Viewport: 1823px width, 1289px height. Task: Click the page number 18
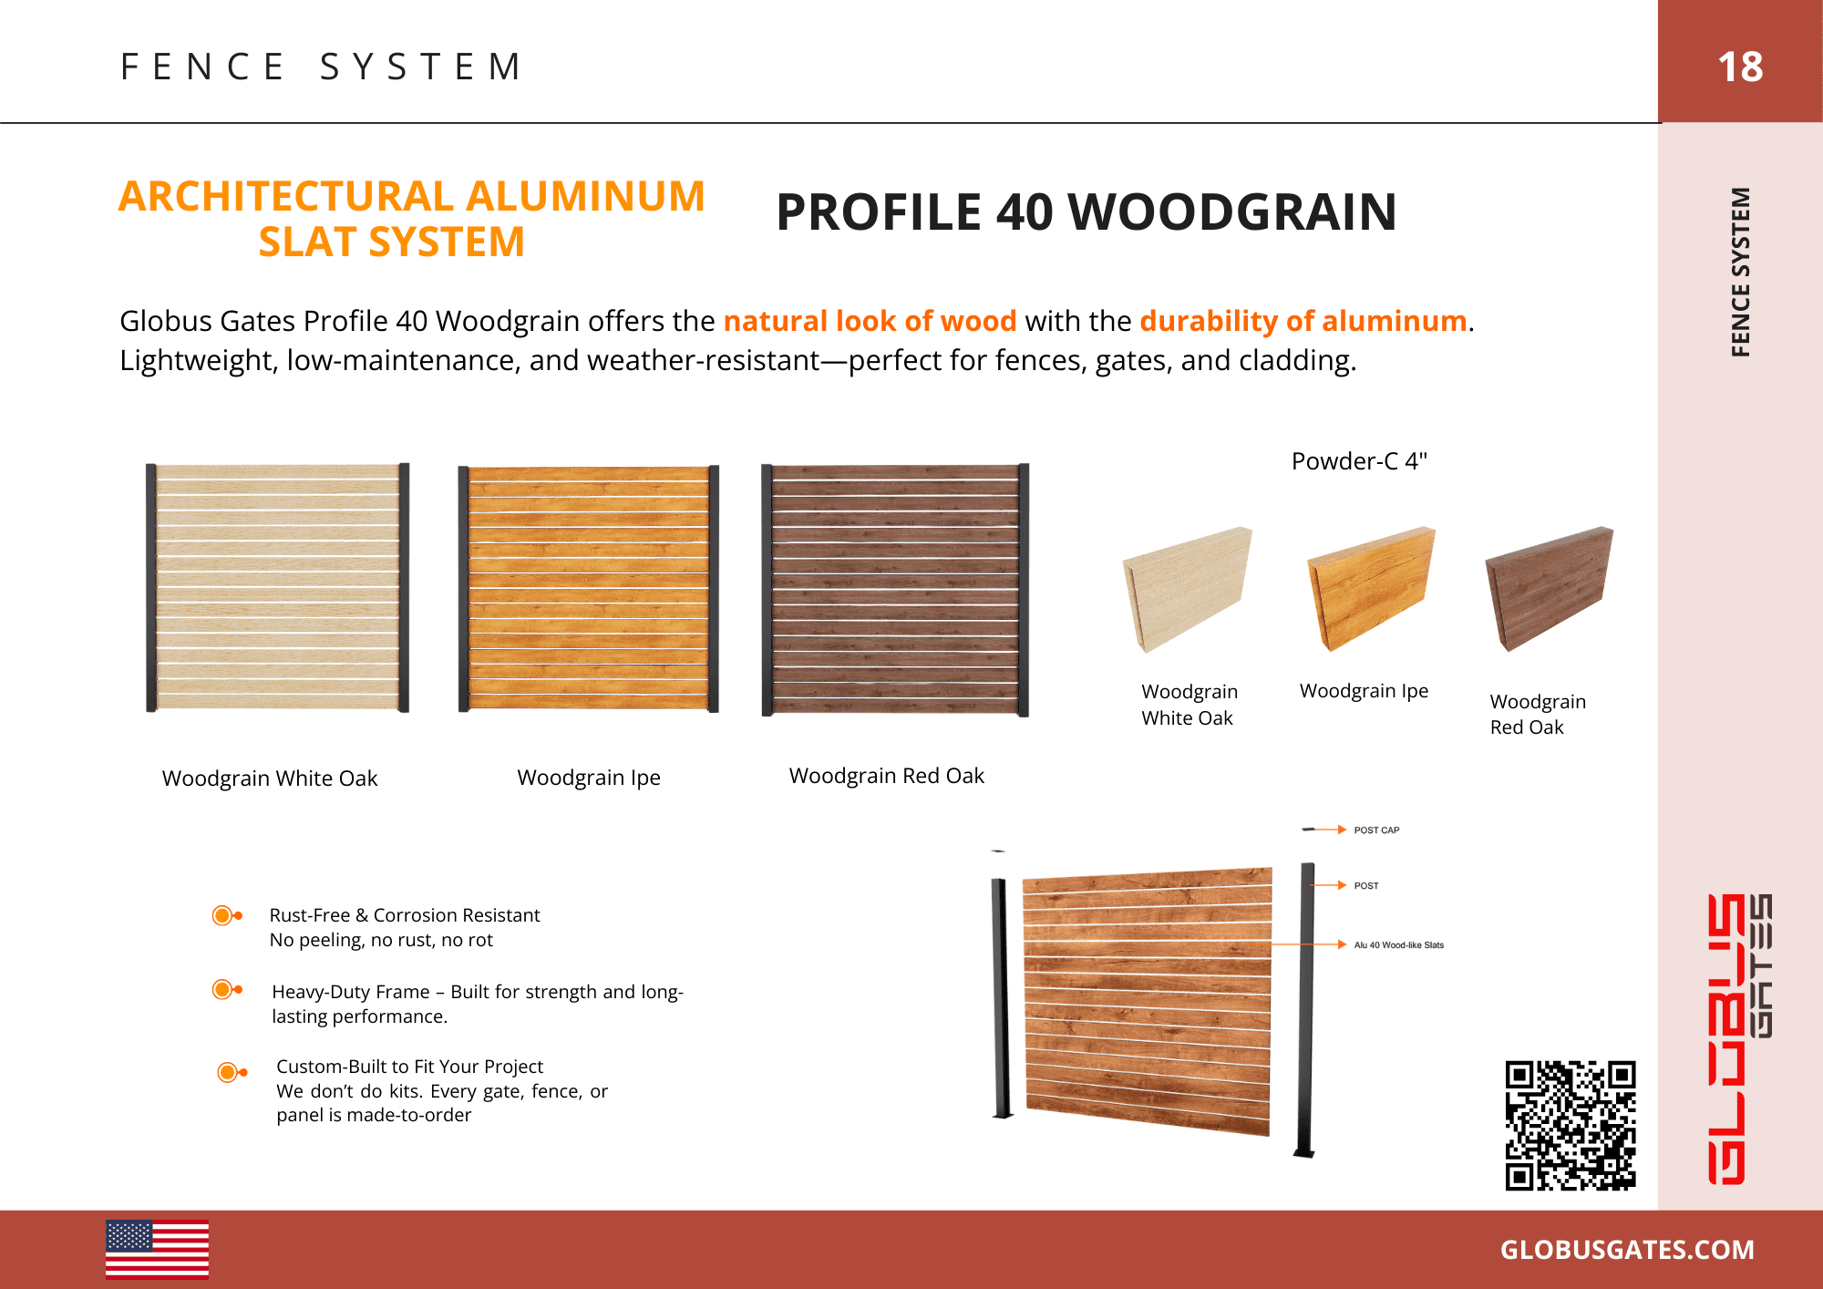tap(1739, 67)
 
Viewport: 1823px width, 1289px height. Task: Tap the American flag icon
tap(157, 1249)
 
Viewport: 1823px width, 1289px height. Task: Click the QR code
tap(1570, 1125)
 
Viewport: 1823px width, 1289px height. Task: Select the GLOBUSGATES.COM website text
tap(1627, 1250)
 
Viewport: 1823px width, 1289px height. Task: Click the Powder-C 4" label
tap(1358, 461)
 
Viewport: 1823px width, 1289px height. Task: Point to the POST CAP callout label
tap(1376, 830)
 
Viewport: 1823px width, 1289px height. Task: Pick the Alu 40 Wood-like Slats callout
tap(1398, 945)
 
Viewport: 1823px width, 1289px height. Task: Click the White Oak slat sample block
tap(1187, 589)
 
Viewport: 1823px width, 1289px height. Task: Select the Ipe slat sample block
tap(1370, 588)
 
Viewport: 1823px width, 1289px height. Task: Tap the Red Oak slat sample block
tap(1549, 588)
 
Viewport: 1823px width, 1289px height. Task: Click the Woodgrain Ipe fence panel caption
tap(589, 778)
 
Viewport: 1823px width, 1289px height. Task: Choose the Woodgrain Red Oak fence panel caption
tap(886, 776)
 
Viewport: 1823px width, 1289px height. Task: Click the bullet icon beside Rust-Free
tap(225, 915)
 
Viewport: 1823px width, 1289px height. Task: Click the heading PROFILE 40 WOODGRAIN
tap(1086, 212)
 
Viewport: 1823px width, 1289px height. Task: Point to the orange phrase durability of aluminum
tap(1303, 321)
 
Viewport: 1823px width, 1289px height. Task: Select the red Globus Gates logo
tap(1738, 1038)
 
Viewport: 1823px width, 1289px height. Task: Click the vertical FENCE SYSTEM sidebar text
tap(1740, 272)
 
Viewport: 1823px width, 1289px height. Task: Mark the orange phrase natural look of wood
tap(870, 321)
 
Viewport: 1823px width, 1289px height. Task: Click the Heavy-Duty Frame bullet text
tap(477, 1004)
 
